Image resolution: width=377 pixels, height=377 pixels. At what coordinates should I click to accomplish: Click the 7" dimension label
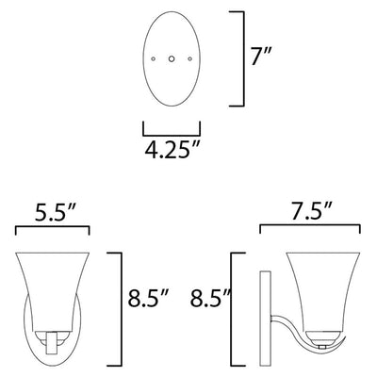click(261, 57)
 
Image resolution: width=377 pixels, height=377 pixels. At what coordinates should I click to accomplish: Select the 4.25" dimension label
click(172, 149)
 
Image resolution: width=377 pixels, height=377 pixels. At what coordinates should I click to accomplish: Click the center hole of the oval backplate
click(172, 58)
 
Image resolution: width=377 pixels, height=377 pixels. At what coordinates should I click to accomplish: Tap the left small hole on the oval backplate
click(153, 58)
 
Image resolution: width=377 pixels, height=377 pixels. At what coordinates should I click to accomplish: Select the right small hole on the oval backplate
click(189, 58)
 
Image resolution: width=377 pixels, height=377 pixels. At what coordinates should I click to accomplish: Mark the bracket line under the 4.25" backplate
click(172, 136)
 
